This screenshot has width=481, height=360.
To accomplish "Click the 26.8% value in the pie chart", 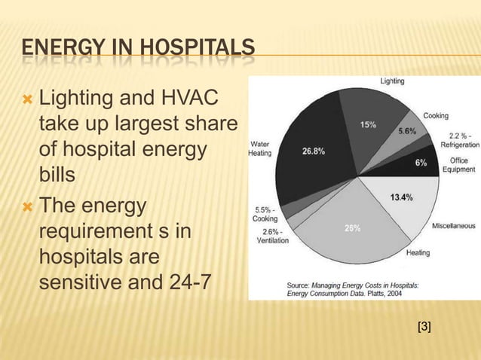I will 314,151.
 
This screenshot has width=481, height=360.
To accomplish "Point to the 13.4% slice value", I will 401,197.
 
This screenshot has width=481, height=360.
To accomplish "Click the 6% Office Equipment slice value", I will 421,163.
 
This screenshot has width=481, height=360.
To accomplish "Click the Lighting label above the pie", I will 391,80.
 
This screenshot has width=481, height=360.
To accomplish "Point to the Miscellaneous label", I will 452,225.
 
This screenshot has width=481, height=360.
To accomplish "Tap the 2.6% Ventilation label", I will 264,236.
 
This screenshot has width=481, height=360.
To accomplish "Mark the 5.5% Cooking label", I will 265,213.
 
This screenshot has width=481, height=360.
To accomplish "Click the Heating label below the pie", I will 418,252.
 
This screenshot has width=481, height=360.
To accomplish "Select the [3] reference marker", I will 424,325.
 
